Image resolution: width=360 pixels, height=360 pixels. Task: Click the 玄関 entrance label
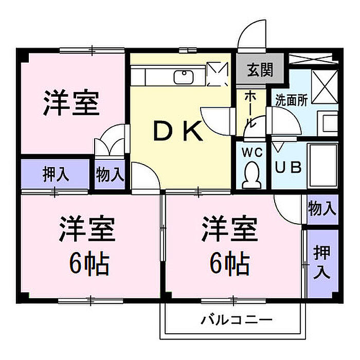(260, 69)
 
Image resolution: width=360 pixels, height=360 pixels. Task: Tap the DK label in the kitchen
(178, 131)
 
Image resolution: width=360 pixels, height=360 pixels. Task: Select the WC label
(252, 152)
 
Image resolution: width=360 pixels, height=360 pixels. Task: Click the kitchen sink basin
(184, 77)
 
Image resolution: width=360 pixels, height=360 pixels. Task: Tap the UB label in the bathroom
(288, 167)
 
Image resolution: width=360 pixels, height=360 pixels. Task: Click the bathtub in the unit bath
(322, 165)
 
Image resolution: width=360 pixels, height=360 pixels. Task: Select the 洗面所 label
(292, 100)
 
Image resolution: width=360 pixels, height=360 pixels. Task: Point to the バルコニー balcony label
(237, 320)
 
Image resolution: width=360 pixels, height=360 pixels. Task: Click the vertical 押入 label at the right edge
(322, 262)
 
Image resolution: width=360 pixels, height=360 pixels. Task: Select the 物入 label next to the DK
(110, 175)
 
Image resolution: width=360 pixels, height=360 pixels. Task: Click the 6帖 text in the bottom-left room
(89, 263)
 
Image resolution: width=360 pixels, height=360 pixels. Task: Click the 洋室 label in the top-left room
(71, 103)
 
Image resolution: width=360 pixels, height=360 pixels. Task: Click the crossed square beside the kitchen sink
(218, 74)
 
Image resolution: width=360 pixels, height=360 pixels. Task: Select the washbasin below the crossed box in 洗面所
(328, 123)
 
